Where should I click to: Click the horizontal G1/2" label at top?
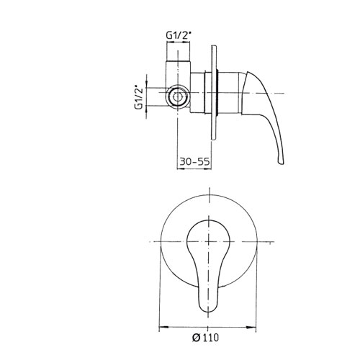click(179, 35)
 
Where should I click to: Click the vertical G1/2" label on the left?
click(139, 97)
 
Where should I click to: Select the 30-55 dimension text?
click(194, 162)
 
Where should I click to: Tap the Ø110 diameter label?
click(206, 338)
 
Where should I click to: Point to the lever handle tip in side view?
click(281, 161)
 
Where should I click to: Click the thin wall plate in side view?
click(214, 92)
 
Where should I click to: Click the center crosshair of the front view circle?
click(209, 241)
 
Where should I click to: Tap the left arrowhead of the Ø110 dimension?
click(163, 327)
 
